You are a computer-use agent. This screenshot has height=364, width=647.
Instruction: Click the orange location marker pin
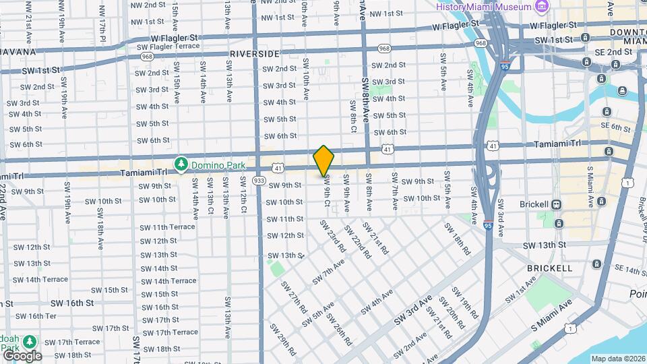324,160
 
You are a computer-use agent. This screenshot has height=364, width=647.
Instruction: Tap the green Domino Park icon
181,164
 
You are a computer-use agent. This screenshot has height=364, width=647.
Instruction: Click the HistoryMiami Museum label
484,6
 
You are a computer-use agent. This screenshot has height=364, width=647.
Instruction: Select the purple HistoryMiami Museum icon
541,6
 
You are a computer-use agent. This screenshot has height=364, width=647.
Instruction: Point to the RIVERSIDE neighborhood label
255,53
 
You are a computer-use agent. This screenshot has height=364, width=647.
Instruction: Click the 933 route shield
259,180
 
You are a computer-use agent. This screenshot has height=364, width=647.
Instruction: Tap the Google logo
22,355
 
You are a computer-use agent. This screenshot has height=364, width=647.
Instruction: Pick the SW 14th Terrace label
168,281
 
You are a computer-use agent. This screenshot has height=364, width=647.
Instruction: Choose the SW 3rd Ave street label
419,305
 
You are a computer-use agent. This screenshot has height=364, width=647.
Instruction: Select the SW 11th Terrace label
168,227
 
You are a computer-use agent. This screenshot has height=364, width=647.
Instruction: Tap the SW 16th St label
69,303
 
